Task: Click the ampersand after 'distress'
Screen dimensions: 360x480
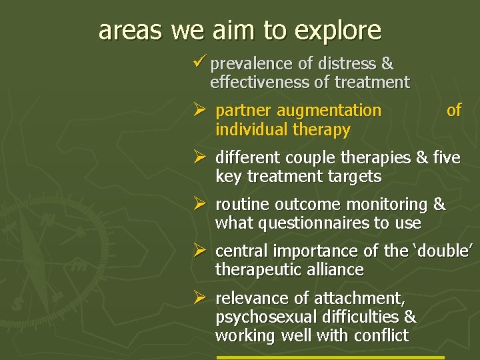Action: pyautogui.click(x=387, y=64)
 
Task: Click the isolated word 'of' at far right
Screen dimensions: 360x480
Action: pyautogui.click(x=453, y=111)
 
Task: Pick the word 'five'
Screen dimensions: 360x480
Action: pyautogui.click(x=446, y=158)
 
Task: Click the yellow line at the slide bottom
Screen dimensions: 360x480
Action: pyautogui.click(x=330, y=357)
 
